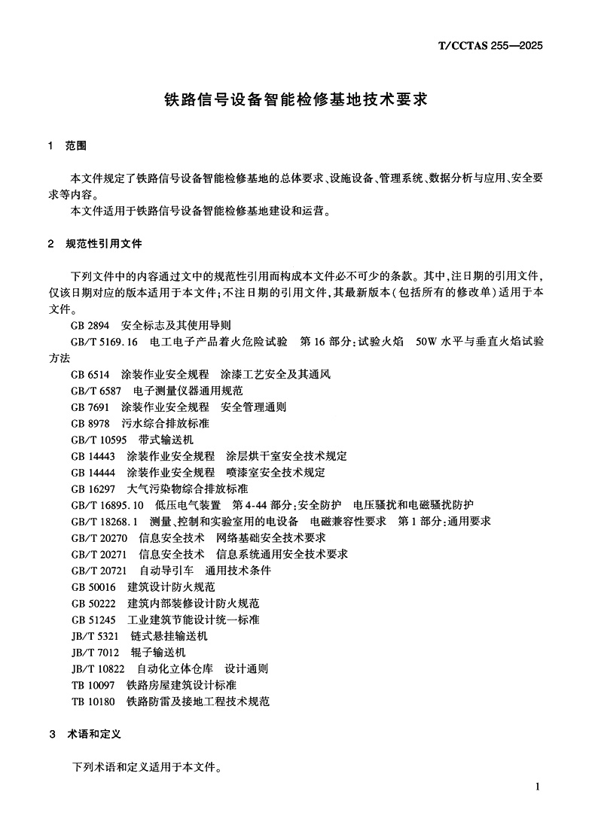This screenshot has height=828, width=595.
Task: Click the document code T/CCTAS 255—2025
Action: click(490, 45)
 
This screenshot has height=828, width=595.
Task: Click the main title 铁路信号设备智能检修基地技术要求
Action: click(296, 99)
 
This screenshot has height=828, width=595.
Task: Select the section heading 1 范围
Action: click(67, 146)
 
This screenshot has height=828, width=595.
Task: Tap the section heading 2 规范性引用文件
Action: click(94, 244)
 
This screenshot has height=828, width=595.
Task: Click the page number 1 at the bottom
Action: click(537, 787)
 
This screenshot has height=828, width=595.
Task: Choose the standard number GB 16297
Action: click(93, 489)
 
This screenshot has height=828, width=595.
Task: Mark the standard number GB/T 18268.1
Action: click(105, 521)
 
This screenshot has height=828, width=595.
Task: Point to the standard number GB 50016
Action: click(93, 586)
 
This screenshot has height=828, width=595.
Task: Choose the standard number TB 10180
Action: click(93, 701)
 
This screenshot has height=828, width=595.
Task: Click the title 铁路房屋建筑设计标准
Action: click(182, 684)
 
